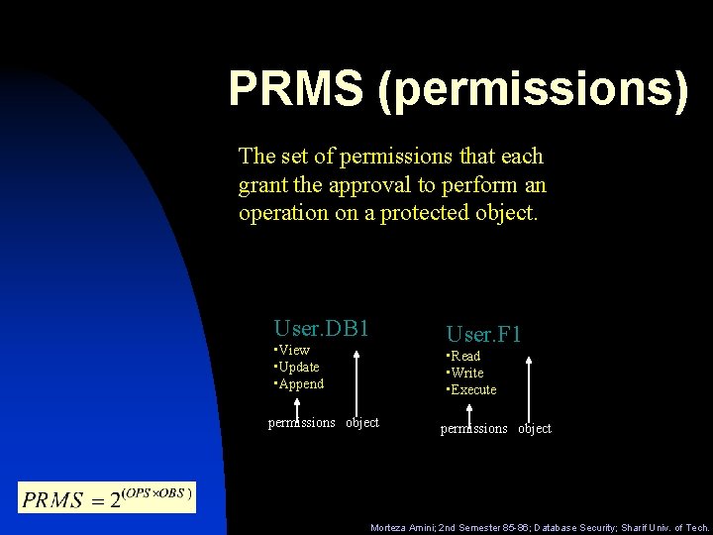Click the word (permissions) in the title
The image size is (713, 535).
532,89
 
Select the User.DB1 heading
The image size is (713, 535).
321,328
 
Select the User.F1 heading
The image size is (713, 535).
483,335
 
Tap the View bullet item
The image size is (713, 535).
293,350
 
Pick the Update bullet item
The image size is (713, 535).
297,367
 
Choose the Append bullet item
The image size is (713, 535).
300,383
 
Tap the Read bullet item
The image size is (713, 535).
464,356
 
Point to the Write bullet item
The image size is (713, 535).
466,373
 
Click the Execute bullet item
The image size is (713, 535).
472,389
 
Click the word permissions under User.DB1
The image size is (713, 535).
302,422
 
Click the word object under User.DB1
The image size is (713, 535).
362,422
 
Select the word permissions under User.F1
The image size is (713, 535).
474,428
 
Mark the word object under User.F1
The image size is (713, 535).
535,428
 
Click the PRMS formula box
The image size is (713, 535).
107,496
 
